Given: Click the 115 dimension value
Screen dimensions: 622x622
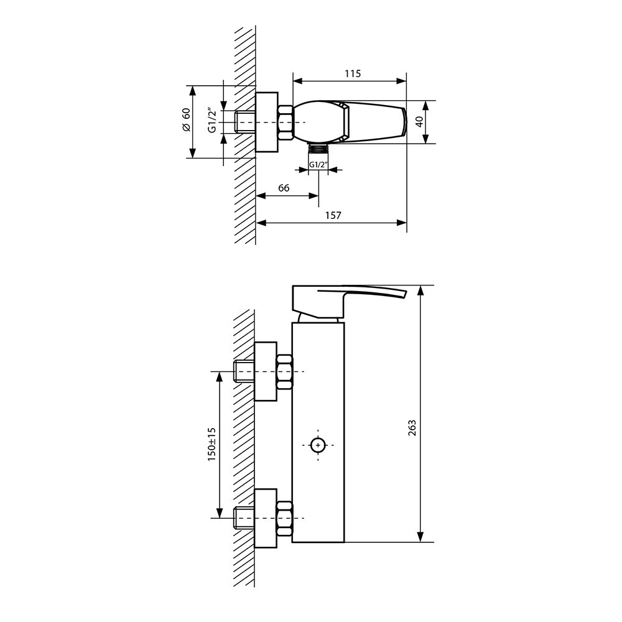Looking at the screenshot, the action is click(353, 73).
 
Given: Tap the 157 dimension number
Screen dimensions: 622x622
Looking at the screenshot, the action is click(333, 215).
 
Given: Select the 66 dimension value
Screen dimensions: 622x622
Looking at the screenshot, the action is click(284, 188).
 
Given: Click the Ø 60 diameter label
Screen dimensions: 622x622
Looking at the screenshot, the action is click(187, 119).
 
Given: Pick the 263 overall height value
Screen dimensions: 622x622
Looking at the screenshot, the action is click(412, 428).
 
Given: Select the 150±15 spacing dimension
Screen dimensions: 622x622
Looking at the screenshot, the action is click(211, 444).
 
